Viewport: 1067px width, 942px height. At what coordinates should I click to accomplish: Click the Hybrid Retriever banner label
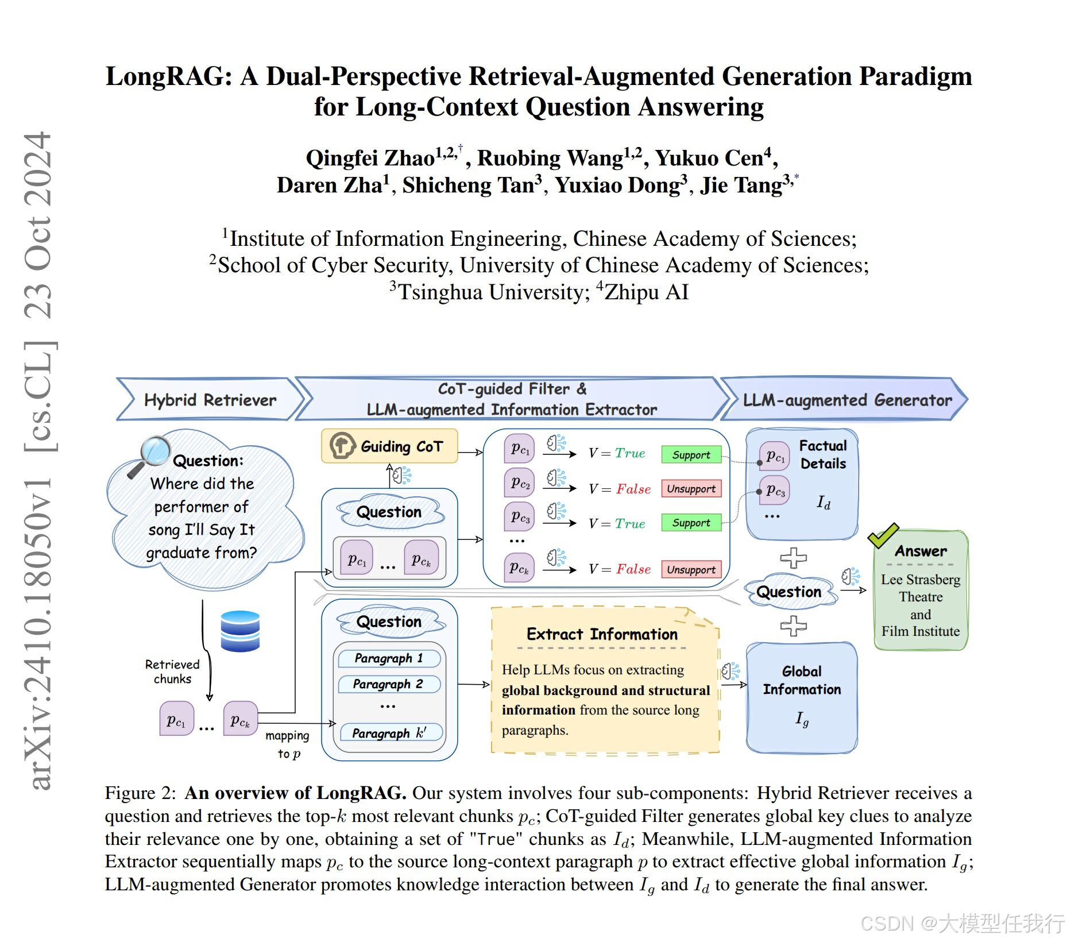[x=210, y=400]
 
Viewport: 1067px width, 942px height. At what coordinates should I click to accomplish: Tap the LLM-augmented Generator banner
[x=846, y=400]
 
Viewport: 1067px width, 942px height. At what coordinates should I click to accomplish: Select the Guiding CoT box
[x=389, y=446]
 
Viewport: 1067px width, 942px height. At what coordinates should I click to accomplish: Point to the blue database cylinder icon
[x=240, y=631]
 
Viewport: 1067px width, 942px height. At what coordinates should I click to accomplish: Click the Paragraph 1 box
[x=389, y=658]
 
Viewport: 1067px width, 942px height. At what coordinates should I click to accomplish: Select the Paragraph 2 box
[x=389, y=684]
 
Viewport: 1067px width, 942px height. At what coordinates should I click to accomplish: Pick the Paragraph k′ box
[x=389, y=733]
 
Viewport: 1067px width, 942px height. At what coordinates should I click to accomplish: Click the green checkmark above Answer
[x=883, y=535]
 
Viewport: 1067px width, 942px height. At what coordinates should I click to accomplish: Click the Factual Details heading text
[x=823, y=454]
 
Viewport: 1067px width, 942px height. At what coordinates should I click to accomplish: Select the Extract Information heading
[x=602, y=634]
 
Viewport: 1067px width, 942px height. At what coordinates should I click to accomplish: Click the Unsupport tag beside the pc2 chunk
[x=691, y=489]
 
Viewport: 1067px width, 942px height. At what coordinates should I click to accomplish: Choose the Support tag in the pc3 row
[x=691, y=523]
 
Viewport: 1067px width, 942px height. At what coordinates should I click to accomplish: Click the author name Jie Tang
[x=741, y=186]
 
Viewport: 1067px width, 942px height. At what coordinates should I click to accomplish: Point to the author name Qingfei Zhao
[x=370, y=158]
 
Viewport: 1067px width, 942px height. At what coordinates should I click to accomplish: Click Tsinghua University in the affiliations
[x=494, y=292]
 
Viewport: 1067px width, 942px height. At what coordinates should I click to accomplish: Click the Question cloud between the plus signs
[x=789, y=592]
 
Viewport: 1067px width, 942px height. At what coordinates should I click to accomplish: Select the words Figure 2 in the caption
[x=140, y=793]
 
